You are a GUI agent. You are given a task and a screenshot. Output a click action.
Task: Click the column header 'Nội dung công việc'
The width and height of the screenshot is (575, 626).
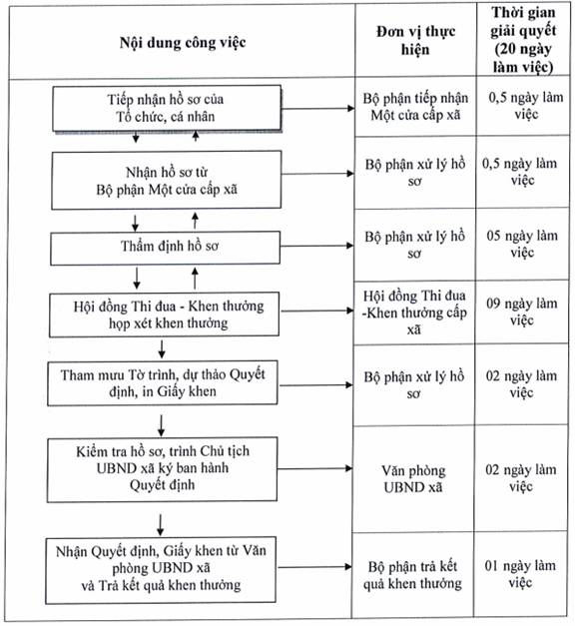[183, 42]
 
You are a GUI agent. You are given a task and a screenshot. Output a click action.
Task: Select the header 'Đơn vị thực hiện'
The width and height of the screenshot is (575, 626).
[415, 40]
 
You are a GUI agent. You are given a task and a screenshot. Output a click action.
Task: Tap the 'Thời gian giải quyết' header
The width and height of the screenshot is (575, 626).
[523, 40]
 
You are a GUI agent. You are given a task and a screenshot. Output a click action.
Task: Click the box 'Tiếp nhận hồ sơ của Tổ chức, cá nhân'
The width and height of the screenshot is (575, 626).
[167, 108]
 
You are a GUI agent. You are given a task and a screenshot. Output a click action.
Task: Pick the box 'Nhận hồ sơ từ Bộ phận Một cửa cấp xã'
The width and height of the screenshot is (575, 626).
[167, 180]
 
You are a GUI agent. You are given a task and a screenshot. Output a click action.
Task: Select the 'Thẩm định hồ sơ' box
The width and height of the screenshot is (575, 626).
[166, 248]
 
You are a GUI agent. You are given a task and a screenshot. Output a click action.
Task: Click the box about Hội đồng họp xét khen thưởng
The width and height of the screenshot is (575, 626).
[164, 314]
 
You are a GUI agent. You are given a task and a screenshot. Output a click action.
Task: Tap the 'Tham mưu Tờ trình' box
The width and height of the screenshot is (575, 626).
[163, 383]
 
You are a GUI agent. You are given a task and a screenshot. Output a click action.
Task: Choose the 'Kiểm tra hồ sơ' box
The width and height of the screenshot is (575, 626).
[162, 469]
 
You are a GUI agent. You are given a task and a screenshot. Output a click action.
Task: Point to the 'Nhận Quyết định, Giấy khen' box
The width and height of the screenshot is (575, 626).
[161, 570]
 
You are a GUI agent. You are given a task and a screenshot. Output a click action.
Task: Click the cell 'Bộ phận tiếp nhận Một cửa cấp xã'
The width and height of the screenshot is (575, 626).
[415, 107]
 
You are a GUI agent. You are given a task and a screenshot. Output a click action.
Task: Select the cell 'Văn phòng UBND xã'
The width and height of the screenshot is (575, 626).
[413, 478]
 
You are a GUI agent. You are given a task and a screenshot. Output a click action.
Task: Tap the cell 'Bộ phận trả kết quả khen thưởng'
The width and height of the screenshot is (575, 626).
[412, 575]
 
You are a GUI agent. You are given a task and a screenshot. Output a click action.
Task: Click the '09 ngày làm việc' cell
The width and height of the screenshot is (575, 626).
[521, 312]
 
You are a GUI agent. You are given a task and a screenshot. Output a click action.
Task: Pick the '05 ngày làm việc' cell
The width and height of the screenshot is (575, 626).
[522, 244]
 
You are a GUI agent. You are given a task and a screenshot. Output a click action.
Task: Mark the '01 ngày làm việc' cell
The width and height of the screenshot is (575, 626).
[520, 574]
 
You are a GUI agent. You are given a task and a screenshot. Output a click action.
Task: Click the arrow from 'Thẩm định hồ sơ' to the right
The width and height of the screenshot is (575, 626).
[317, 246]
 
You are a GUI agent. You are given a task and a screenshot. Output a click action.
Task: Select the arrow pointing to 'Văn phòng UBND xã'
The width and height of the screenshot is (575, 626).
[315, 468]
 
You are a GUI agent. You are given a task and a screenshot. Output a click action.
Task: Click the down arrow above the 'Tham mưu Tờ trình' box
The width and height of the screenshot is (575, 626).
[162, 349]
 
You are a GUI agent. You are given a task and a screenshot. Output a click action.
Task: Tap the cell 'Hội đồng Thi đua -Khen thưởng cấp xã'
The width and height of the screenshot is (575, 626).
[414, 313]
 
